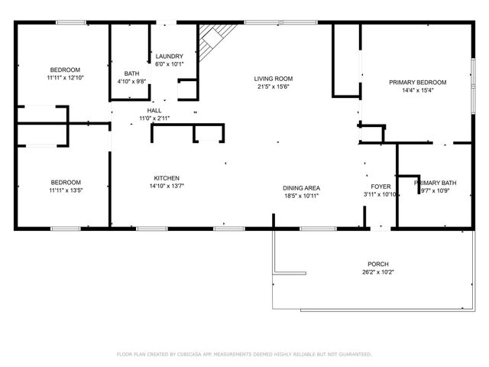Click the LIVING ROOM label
coord(274,79)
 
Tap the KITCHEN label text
coord(167,177)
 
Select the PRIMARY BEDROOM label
coord(417,83)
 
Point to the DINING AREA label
coord(301,188)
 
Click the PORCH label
coord(377,263)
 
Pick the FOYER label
coord(381,187)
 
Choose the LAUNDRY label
coord(169,57)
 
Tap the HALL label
coord(154,111)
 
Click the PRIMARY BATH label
coord(436,183)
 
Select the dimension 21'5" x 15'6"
coord(274,86)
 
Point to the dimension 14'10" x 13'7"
coord(167,185)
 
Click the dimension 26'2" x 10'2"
coord(377,271)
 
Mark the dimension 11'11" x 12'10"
coord(65,78)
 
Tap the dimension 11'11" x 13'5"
coord(65,190)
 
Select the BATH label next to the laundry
coord(132,73)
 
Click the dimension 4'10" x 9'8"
coord(132,81)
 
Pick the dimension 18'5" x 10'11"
coord(301,196)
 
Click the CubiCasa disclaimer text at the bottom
coord(244,354)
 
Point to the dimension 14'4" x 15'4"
coord(417,90)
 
